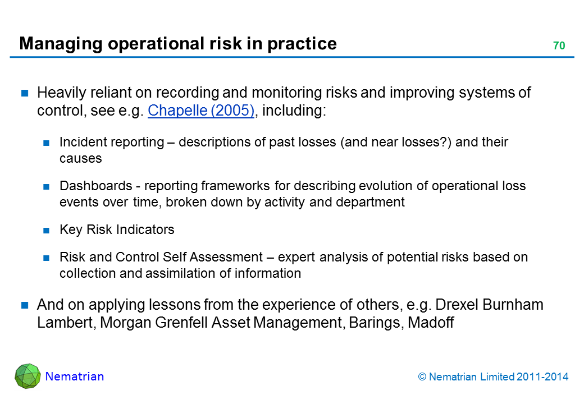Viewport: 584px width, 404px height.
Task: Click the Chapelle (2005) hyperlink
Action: tap(201, 111)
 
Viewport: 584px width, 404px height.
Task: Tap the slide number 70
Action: tap(559, 46)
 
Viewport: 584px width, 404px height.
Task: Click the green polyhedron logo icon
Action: tap(28, 376)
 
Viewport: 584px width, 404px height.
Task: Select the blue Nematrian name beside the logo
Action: tap(75, 377)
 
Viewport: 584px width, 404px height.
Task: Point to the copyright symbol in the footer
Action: tap(422, 377)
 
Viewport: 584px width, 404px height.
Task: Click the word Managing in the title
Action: tap(61, 44)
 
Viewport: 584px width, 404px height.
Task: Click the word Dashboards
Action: tap(95, 186)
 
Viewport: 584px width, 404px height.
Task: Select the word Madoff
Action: tap(431, 322)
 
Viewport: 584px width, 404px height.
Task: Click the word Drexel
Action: tap(457, 305)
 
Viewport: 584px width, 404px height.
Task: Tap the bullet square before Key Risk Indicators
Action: tap(46, 231)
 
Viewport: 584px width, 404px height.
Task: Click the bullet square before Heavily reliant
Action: tap(25, 93)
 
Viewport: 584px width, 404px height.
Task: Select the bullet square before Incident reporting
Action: tap(46, 143)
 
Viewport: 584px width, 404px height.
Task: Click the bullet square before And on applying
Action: tap(25, 305)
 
